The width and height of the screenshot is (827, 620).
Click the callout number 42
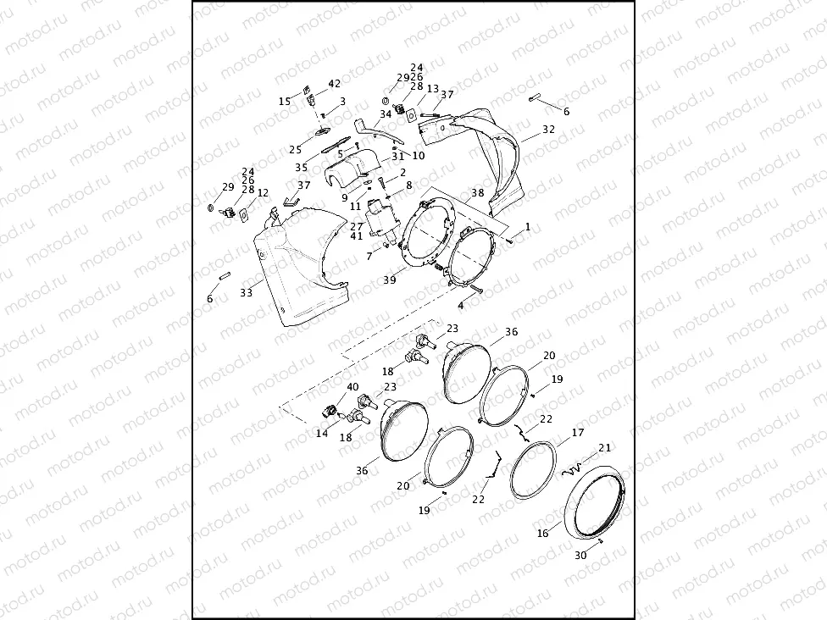pyautogui.click(x=334, y=83)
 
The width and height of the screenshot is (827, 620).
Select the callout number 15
pyautogui.click(x=285, y=101)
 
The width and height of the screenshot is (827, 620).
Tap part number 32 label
pyautogui.click(x=548, y=130)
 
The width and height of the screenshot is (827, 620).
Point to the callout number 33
pyautogui.click(x=246, y=292)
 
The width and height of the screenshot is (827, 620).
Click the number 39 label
pyautogui.click(x=389, y=280)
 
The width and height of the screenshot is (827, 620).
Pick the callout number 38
pyautogui.click(x=478, y=192)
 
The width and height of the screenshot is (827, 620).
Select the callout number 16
pyautogui.click(x=542, y=534)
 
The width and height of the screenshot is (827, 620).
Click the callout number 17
pyautogui.click(x=577, y=432)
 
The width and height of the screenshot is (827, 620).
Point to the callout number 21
pyautogui.click(x=604, y=447)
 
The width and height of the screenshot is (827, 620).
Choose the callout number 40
pyautogui.click(x=352, y=387)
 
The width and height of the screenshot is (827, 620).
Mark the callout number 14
pyautogui.click(x=322, y=433)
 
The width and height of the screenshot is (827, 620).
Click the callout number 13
pyautogui.click(x=432, y=89)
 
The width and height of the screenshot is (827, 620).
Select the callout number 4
pyautogui.click(x=460, y=305)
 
